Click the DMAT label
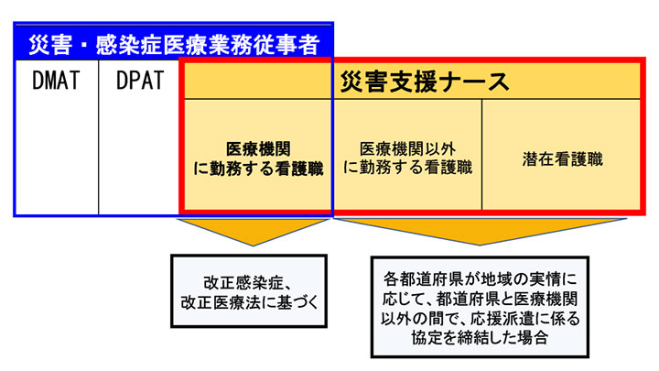point(56,81)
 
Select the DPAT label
point(140,81)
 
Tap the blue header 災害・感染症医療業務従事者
point(174,45)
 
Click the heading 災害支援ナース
point(425,82)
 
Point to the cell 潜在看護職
point(562,159)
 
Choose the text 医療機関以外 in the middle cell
point(407,149)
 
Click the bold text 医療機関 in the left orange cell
point(258,149)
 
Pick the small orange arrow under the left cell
point(253,232)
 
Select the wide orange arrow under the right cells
point(480,232)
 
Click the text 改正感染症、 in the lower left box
point(247,283)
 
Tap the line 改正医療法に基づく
point(249,302)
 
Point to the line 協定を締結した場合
point(480,337)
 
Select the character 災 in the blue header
point(38,45)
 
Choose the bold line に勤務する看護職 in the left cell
point(258,169)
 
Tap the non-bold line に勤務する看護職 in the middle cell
point(407,168)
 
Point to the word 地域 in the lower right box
point(500,279)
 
